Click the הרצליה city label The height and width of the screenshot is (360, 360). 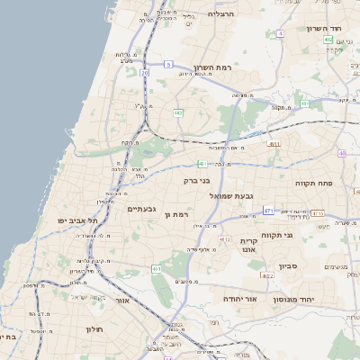coord(220,14)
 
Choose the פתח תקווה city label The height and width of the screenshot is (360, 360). coord(314,182)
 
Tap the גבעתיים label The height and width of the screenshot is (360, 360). coord(142,209)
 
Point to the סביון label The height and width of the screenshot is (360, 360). coord(288,266)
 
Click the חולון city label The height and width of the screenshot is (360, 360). coord(94,329)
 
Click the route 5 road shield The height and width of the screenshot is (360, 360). coord(167,64)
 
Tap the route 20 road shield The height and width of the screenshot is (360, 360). coord(144,73)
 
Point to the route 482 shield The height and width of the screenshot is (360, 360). coord(178,113)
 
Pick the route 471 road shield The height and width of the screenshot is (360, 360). coord(268,210)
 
